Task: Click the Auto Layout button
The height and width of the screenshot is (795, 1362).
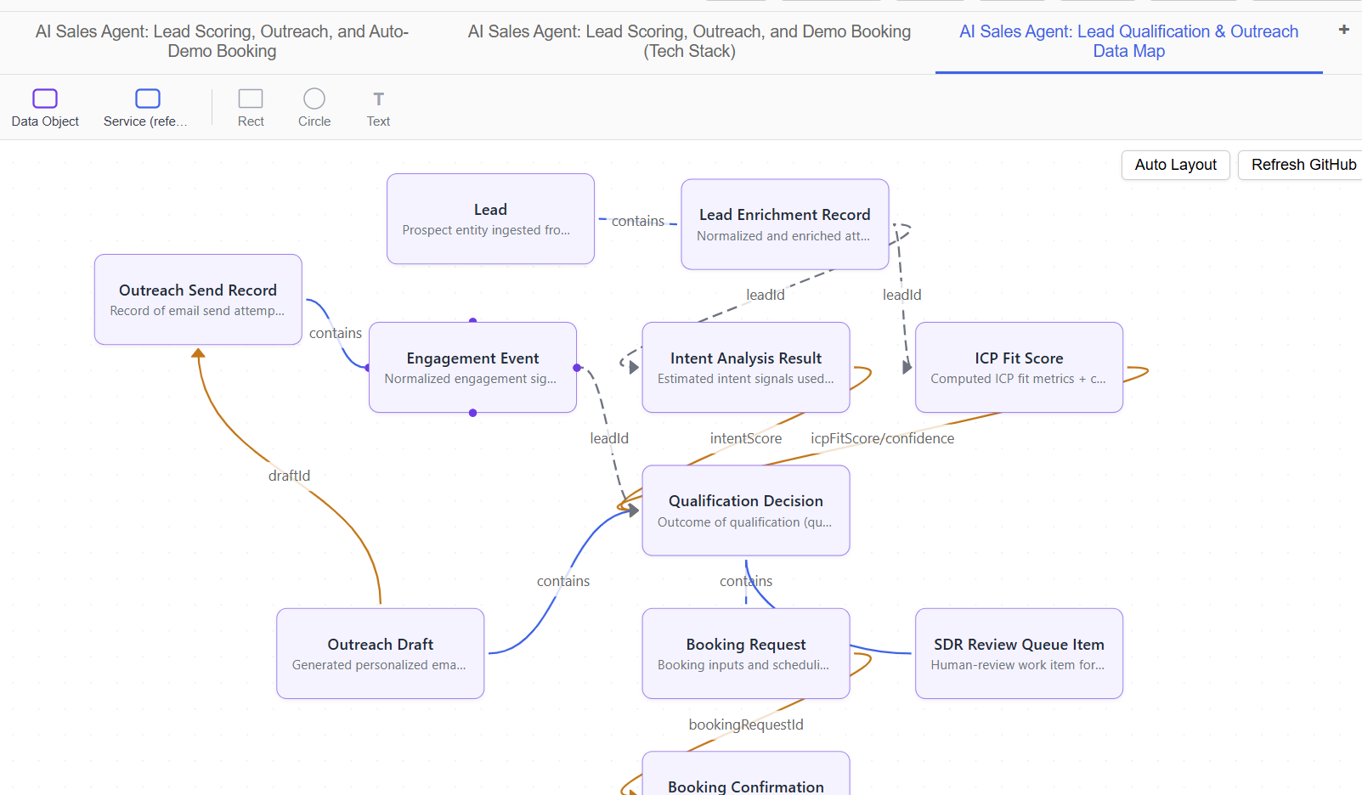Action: (1175, 165)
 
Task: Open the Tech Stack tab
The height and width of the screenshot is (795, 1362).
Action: (689, 42)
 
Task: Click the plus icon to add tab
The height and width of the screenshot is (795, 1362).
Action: (1343, 30)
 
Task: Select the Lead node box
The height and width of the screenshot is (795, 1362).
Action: (490, 219)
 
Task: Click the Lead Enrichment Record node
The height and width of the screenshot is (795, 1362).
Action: (784, 224)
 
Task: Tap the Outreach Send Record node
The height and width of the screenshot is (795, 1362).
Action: (198, 300)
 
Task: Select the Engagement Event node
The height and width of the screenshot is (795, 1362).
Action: (472, 368)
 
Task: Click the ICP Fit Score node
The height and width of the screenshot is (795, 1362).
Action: (1019, 368)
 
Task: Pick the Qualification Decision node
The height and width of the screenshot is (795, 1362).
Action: (745, 510)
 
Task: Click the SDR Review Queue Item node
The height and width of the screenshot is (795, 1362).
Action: (1019, 654)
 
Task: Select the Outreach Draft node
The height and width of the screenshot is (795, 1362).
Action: (380, 654)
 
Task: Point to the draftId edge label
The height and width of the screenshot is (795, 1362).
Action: (289, 476)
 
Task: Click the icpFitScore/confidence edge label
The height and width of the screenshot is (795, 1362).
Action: (882, 438)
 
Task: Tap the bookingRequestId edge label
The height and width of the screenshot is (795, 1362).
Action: (745, 725)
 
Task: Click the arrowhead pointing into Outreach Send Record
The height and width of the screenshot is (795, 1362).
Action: (198, 353)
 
